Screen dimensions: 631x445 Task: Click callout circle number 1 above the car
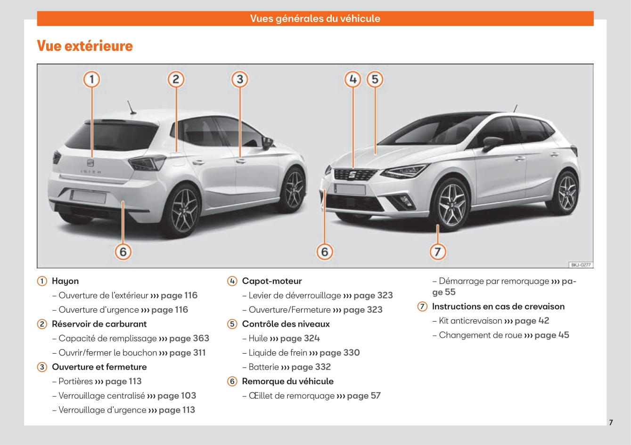(91, 80)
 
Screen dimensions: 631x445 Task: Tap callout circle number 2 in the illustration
(176, 80)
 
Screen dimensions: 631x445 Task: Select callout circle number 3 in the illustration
(240, 80)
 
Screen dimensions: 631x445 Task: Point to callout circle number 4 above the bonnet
(353, 80)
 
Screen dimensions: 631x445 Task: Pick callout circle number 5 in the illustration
(375, 80)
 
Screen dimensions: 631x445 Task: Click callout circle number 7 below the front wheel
(438, 252)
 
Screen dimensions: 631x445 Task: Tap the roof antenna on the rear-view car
(131, 107)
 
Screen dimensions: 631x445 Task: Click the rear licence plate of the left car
(88, 196)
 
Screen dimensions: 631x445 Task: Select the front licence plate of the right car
(350, 189)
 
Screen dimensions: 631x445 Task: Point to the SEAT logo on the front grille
(352, 175)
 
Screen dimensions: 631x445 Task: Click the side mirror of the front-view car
(492, 143)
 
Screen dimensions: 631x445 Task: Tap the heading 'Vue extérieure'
(85, 46)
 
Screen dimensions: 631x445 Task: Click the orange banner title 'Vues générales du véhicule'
(315, 18)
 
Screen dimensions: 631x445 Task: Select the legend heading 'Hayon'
(66, 281)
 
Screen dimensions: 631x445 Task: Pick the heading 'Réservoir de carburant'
(99, 324)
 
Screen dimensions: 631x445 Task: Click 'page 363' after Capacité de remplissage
(189, 338)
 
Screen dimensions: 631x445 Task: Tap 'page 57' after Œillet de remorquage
(364, 396)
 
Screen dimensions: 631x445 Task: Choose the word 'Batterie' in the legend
(264, 367)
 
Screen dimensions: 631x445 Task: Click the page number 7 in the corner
(611, 422)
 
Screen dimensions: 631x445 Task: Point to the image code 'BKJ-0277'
(581, 265)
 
